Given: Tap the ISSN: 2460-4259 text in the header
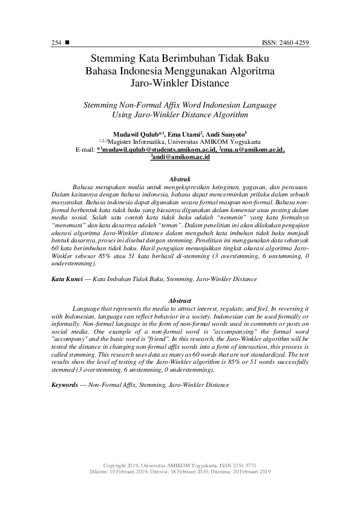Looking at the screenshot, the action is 285,44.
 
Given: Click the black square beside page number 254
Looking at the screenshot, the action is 67,44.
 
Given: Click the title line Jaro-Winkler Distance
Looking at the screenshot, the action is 180,83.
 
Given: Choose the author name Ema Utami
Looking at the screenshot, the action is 183,134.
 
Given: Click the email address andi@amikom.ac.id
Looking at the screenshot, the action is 180,157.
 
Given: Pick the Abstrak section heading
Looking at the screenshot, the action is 180,180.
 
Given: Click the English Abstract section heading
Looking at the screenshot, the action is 180,300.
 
